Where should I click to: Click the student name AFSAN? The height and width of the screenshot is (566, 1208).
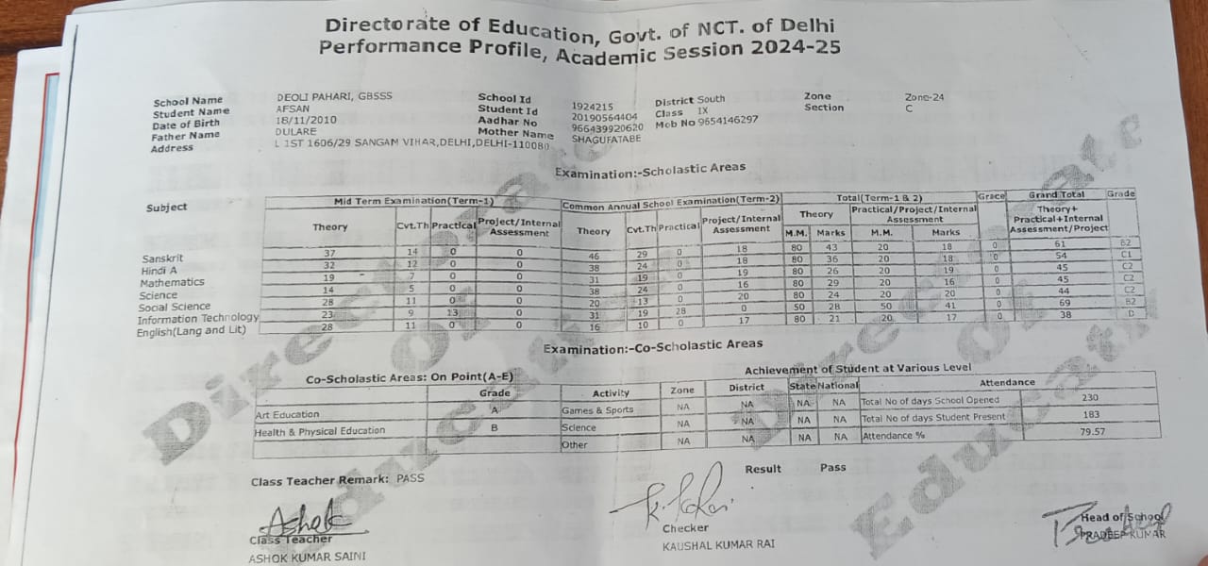coord(287,108)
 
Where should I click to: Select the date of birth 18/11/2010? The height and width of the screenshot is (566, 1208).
coord(305,120)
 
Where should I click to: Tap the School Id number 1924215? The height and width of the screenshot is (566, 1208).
coord(593,107)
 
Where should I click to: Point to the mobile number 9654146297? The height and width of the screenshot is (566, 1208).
coord(728,121)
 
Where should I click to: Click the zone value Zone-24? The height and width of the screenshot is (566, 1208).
coord(924,96)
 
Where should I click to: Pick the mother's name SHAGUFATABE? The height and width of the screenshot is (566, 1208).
coord(606,139)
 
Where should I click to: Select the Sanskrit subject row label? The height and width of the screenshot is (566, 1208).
coord(162,258)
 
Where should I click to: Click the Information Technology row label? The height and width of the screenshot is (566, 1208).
coord(198,319)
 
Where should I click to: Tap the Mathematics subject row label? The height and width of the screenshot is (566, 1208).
coord(172,282)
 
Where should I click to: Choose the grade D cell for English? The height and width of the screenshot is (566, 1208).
coord(1129,314)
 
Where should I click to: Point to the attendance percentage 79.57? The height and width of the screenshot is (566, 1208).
coord(1090,432)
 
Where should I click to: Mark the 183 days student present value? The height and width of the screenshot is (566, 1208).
coord(1090,415)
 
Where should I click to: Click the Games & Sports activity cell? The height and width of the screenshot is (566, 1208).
coord(597,410)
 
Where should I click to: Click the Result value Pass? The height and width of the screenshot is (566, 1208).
coord(832,468)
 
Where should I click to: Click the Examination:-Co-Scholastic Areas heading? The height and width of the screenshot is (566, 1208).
coord(653,348)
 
